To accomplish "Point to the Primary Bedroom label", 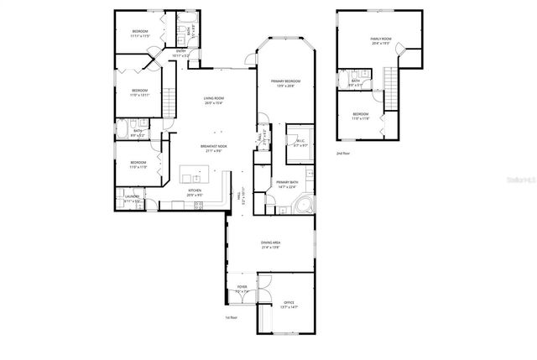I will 285,83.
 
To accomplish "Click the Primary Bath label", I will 287,184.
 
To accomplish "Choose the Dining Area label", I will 269,245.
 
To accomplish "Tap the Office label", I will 288,305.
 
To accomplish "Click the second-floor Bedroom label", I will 360,116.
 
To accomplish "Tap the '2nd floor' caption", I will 342,154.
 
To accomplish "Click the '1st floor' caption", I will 232,318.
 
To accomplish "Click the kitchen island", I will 196,176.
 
